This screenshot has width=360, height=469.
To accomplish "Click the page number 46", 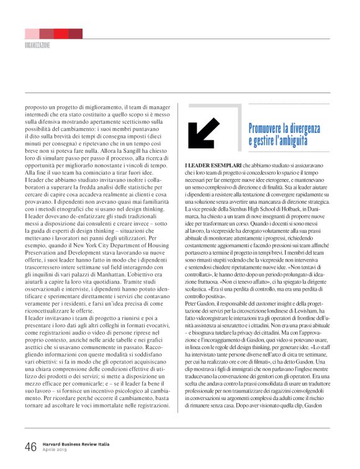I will (30, 447).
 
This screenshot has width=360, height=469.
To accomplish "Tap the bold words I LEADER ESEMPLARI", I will (209, 165).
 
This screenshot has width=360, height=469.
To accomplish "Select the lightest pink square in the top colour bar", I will (32, 34).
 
